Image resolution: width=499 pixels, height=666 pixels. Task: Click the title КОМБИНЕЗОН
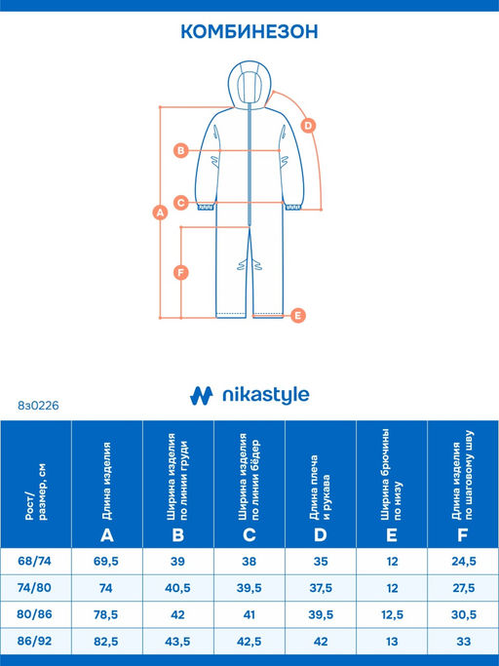coord(249,32)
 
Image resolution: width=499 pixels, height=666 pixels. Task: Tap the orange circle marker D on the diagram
coord(308,126)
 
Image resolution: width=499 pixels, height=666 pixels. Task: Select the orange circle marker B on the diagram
coord(181,150)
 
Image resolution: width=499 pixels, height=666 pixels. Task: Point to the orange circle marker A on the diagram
coord(160,212)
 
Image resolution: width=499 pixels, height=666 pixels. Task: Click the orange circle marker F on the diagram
coord(181,272)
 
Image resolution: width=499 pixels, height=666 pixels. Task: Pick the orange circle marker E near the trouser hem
coord(298,315)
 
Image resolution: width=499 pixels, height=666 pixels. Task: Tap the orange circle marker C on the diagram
coord(181,203)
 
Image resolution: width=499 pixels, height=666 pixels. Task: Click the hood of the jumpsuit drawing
coord(249,83)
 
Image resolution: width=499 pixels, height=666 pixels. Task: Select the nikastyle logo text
coord(266,395)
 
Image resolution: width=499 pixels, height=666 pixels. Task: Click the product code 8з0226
coord(38,406)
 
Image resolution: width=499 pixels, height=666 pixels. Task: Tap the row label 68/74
coord(34,561)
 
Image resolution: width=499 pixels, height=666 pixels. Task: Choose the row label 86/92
coord(34,641)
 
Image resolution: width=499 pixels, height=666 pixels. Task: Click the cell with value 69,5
coord(106,562)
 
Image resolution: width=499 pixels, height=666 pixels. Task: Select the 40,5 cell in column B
coord(177,588)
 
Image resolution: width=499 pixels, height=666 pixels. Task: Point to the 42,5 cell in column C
coord(249,642)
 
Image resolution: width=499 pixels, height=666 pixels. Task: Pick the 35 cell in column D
coord(321,562)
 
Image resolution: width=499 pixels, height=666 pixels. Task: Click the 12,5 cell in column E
coord(392,614)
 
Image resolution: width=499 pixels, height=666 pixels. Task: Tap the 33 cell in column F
coord(463,641)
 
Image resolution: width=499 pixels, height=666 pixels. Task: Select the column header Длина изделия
coord(106,482)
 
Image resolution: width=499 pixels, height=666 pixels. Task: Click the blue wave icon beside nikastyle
coord(202,396)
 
